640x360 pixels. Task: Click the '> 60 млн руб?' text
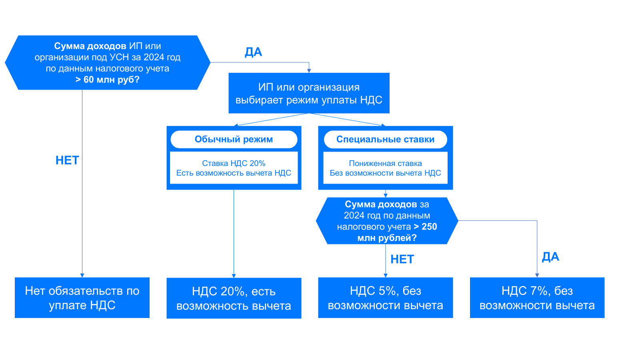pyautogui.click(x=108, y=80)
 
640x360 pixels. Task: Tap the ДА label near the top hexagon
pyautogui.click(x=253, y=52)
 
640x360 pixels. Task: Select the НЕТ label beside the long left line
pyautogui.click(x=67, y=160)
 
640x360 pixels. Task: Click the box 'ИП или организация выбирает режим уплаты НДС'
pyautogui.click(x=309, y=93)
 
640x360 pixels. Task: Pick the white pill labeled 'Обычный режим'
pyautogui.click(x=234, y=140)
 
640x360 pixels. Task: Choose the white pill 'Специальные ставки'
pyautogui.click(x=386, y=140)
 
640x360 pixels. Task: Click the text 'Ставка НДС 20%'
pyautogui.click(x=234, y=163)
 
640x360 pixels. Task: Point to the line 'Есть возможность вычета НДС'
pyautogui.click(x=234, y=173)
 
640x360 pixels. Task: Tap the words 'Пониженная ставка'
pyautogui.click(x=386, y=164)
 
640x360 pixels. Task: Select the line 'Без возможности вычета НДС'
pyautogui.click(x=386, y=173)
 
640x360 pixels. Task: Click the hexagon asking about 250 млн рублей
pyautogui.click(x=387, y=221)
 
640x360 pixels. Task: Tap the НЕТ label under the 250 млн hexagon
pyautogui.click(x=402, y=260)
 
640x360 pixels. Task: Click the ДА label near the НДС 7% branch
pyautogui.click(x=550, y=257)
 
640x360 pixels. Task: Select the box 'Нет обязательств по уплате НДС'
pyautogui.click(x=82, y=298)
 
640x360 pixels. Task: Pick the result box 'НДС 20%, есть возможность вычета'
pyautogui.click(x=234, y=298)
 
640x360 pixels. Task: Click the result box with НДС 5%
pyautogui.click(x=386, y=298)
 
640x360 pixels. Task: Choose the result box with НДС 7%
pyautogui.click(x=537, y=298)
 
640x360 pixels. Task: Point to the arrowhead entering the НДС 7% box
pyautogui.click(x=537, y=276)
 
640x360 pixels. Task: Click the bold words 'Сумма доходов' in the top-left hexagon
pyautogui.click(x=90, y=46)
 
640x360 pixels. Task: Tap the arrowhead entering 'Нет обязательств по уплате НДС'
pyautogui.click(x=82, y=276)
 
